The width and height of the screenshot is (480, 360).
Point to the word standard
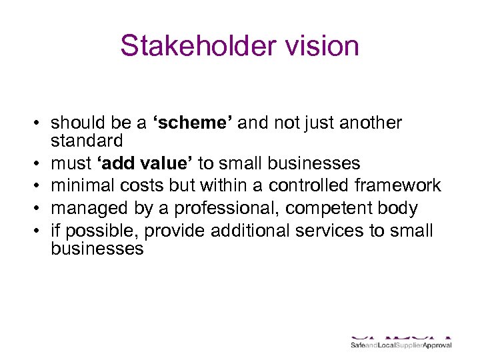tap(87, 141)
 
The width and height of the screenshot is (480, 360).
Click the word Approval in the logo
tap(435, 345)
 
